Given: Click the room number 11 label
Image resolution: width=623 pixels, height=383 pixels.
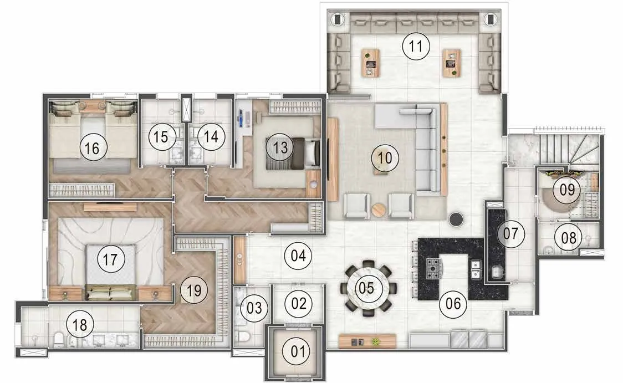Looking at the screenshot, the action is pyautogui.click(x=416, y=46).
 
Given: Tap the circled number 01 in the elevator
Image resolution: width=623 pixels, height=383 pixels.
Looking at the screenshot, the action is pyautogui.click(x=298, y=351).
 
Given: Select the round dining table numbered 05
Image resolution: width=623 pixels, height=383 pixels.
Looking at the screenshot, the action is pyautogui.click(x=366, y=288).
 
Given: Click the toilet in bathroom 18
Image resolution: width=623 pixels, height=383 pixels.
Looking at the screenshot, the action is pyautogui.click(x=59, y=339).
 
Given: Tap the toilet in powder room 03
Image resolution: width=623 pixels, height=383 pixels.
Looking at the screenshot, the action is pyautogui.click(x=243, y=336).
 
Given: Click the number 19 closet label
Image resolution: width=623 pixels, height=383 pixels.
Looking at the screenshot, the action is pyautogui.click(x=194, y=290).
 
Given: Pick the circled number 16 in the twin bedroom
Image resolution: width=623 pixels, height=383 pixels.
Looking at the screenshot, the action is pyautogui.click(x=92, y=148).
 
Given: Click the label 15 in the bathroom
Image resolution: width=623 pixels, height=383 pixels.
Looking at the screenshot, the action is pyautogui.click(x=161, y=137).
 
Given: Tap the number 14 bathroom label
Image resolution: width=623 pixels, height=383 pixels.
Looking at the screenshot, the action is pyautogui.click(x=211, y=137).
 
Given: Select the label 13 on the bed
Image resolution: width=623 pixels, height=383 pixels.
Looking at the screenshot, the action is pyautogui.click(x=280, y=147).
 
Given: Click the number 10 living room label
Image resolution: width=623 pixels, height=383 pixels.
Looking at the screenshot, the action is pyautogui.click(x=385, y=158).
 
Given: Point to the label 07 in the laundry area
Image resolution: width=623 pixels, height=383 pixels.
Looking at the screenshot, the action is pyautogui.click(x=511, y=233).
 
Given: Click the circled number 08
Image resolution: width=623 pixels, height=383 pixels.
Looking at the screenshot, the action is pyautogui.click(x=569, y=238).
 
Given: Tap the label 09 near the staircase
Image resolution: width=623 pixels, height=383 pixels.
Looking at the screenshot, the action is pyautogui.click(x=567, y=190).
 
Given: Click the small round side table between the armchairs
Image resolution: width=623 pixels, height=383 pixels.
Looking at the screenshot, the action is pyautogui.click(x=379, y=210).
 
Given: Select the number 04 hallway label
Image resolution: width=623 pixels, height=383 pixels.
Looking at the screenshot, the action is pyautogui.click(x=298, y=256).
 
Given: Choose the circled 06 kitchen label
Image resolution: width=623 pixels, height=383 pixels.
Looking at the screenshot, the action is pyautogui.click(x=453, y=304).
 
